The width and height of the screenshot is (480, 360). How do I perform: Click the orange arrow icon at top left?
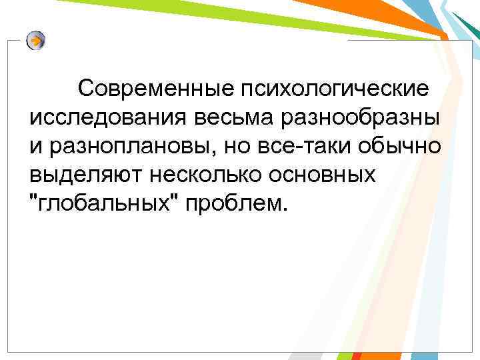coord(36,41)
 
